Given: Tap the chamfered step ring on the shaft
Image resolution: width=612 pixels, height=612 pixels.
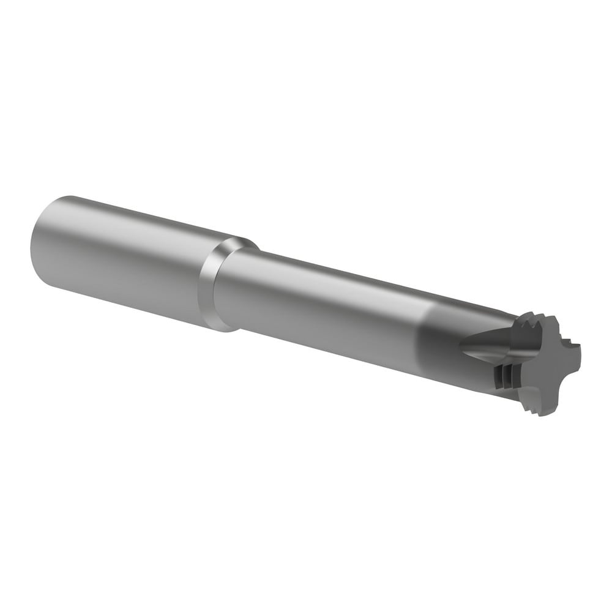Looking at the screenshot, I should click(x=211, y=288).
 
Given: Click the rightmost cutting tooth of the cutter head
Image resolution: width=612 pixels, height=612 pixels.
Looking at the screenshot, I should click(x=572, y=361).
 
